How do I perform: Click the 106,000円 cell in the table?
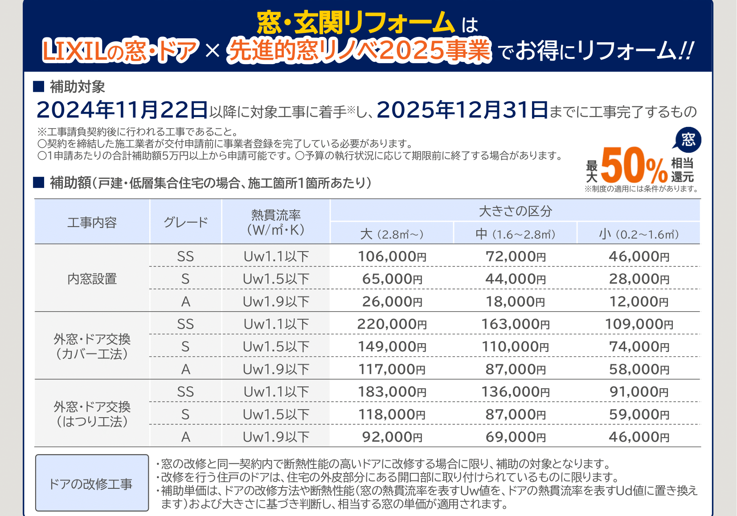(x=392, y=256)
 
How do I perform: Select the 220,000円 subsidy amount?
(x=392, y=324)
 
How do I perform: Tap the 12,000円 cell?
(x=639, y=302)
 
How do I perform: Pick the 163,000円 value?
(x=516, y=324)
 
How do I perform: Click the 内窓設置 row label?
(x=92, y=279)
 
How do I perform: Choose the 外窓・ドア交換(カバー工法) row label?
(x=92, y=346)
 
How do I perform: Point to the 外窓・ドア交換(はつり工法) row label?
(x=92, y=414)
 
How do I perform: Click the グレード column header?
(x=186, y=222)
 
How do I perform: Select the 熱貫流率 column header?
(x=276, y=222)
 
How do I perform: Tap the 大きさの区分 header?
(x=515, y=211)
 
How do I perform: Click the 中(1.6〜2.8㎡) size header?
(x=516, y=234)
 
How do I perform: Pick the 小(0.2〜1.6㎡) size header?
(x=639, y=234)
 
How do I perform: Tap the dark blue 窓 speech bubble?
(x=688, y=140)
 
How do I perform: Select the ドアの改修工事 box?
(x=92, y=483)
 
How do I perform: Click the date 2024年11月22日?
(x=122, y=110)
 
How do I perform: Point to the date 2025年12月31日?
(x=462, y=110)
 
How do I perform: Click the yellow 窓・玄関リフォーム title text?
(x=356, y=23)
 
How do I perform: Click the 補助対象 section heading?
(x=77, y=87)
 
